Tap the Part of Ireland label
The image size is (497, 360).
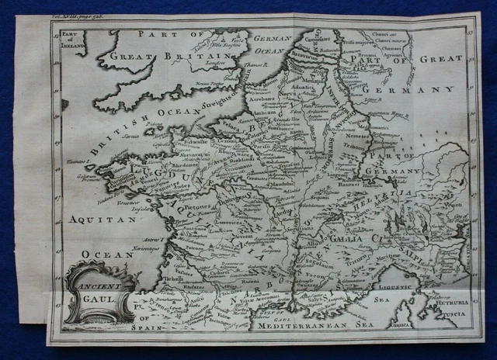tap(71, 38)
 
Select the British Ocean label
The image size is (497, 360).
tap(132, 128)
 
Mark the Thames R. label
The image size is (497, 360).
tap(247, 67)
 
